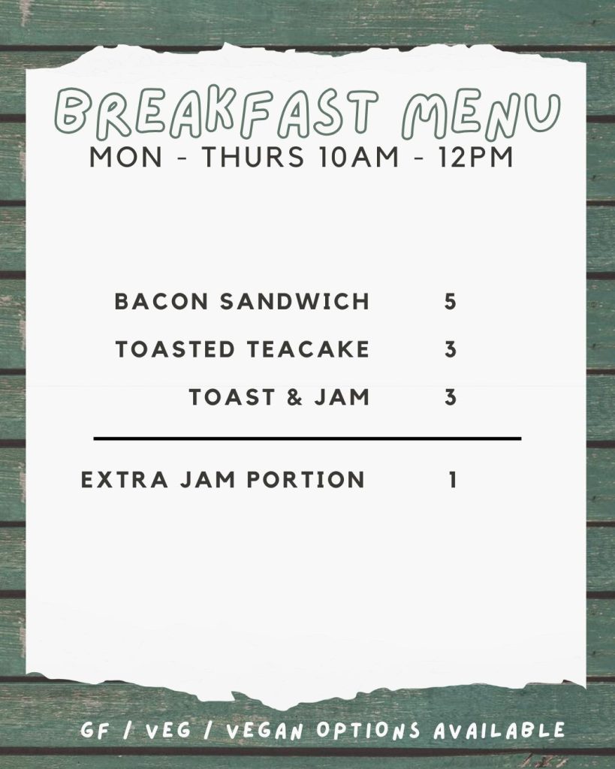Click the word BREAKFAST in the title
pos(216,113)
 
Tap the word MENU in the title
pos(481,114)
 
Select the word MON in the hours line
pos(125,157)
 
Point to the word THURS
pos(252,157)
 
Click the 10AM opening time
pos(358,157)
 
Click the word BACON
pos(161,301)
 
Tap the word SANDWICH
pos(294,301)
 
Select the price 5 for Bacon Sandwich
pos(451,301)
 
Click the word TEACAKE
pos(308,349)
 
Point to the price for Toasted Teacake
pos(451,349)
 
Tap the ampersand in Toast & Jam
pos(294,397)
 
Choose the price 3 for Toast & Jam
pos(451,397)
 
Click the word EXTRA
pos(124,480)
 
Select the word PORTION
pos(305,480)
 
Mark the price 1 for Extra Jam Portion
pos(453,480)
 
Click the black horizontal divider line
pos(308,439)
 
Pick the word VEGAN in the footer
pos(265,731)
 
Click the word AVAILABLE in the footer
pos(499,731)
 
